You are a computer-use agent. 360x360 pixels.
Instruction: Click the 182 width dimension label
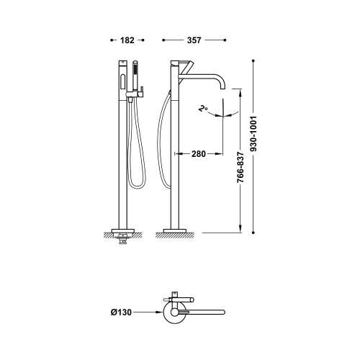tap(127, 40)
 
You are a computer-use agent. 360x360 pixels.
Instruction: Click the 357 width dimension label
tap(194, 40)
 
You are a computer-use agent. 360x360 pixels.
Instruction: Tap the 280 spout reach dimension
tap(199, 154)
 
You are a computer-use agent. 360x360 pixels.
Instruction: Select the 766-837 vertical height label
tap(240, 168)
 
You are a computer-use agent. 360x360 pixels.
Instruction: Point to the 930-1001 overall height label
tap(253, 134)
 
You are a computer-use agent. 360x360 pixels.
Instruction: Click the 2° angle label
tap(203, 109)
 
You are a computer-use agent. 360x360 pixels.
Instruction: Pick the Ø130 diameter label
tap(121, 312)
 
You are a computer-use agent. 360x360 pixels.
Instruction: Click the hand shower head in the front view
tap(135, 68)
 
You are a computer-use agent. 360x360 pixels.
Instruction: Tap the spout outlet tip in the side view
tap(222, 89)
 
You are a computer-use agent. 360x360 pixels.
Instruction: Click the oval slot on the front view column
tap(122, 82)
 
